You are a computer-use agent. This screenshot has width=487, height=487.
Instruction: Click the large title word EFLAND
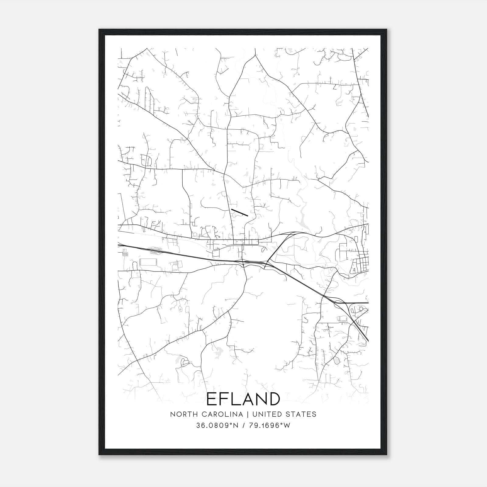coord(243,399)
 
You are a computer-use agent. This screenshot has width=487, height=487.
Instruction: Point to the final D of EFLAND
coord(274,399)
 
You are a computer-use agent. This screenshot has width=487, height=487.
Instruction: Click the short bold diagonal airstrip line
coord(240,212)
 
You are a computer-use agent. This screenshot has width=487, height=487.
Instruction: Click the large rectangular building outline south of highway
coord(148,262)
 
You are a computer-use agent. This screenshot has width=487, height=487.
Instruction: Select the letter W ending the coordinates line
coord(287,426)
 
